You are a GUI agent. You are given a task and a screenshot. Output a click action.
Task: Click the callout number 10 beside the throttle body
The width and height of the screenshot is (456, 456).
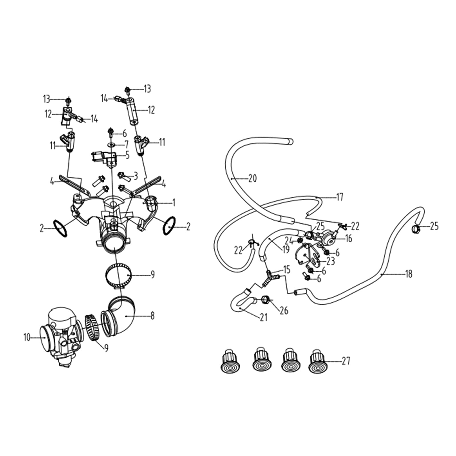(x=27, y=338)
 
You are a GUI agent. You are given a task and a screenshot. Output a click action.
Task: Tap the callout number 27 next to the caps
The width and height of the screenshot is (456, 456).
(x=346, y=361)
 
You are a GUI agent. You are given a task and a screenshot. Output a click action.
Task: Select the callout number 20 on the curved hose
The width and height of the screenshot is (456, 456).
(x=253, y=178)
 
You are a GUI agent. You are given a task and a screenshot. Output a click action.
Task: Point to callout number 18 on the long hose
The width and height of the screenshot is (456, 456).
(x=408, y=274)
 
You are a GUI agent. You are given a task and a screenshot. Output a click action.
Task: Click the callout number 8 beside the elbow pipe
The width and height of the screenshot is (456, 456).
(x=152, y=315)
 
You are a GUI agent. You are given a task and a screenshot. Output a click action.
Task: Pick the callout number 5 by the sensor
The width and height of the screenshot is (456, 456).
(x=127, y=155)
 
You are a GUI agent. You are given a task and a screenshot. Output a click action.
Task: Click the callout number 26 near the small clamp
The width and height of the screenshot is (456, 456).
(x=284, y=310)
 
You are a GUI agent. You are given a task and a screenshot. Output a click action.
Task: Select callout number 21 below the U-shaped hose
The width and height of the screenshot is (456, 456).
(x=264, y=317)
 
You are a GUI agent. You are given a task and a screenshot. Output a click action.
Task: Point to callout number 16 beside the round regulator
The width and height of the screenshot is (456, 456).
(x=349, y=238)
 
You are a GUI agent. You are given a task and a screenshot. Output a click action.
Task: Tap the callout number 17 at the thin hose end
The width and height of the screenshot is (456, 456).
(x=340, y=197)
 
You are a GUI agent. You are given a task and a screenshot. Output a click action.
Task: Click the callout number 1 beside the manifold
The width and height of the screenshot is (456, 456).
(x=174, y=203)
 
